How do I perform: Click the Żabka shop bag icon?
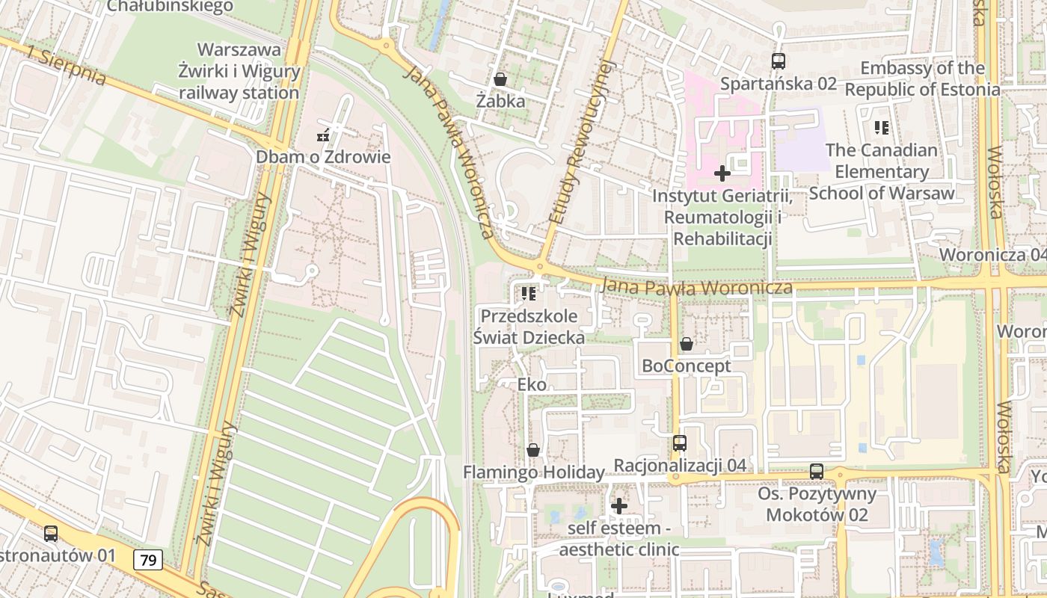point(500,78)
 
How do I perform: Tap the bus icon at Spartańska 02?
point(779,61)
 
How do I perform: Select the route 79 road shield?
point(150,559)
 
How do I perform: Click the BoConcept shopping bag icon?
point(686,344)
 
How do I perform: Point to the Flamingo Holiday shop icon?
point(533,450)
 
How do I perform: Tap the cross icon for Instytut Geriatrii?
point(722,174)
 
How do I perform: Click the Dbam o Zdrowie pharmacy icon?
point(323,136)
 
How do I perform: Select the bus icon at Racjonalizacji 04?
point(680,443)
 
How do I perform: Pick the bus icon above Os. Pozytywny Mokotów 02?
point(817,472)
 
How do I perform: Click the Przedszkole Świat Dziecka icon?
point(529,294)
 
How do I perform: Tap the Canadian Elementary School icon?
point(882,128)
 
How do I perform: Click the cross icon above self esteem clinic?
point(619,506)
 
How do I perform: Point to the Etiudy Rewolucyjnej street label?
point(580,142)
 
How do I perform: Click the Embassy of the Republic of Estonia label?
point(922,79)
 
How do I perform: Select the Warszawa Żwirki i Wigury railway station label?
point(239,72)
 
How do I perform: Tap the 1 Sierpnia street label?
point(65,66)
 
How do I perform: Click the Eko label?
point(532,385)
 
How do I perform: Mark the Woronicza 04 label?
point(992,254)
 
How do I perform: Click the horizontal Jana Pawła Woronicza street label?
point(696,287)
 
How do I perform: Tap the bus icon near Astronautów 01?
point(51,534)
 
